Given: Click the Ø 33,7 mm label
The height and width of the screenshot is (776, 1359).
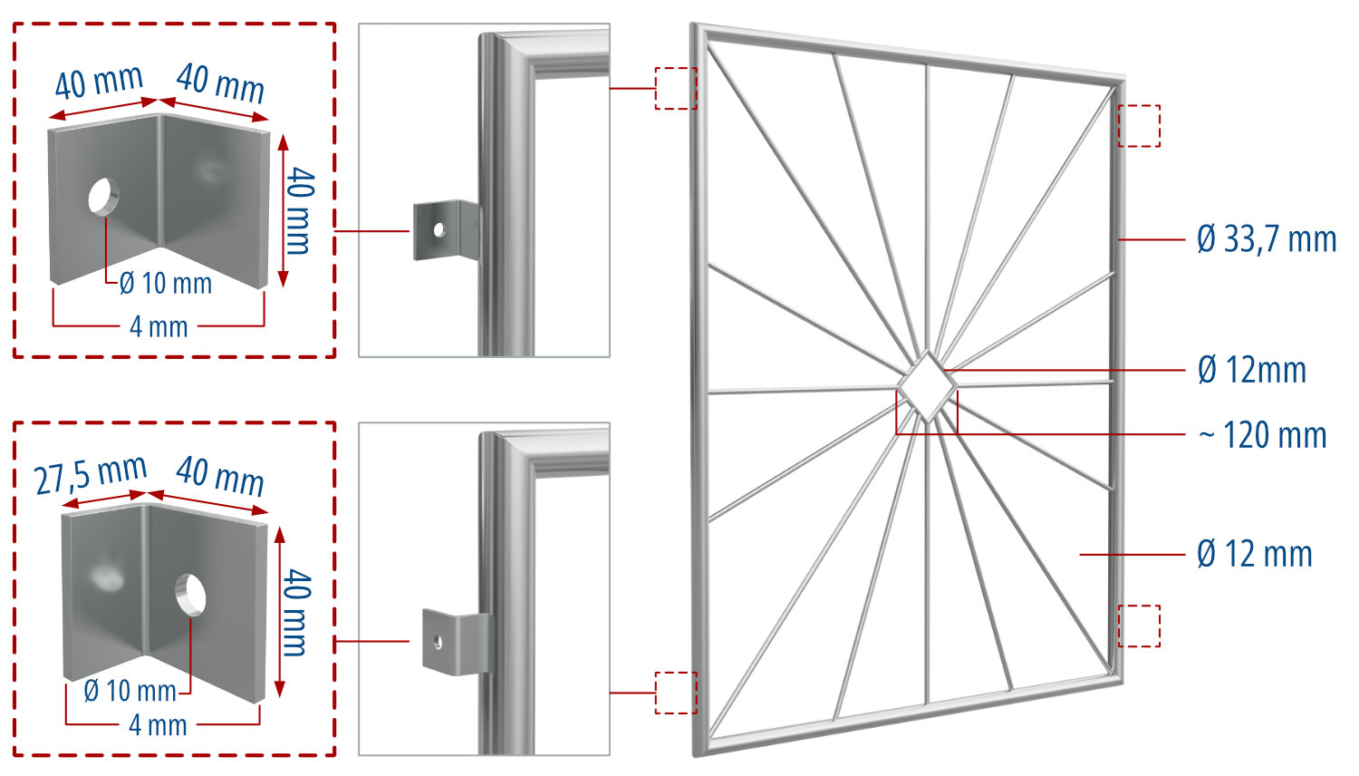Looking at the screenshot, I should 1266,239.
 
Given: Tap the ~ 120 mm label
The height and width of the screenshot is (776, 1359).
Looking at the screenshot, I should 1262,435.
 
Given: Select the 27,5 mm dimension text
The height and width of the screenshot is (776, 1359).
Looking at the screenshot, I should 91,474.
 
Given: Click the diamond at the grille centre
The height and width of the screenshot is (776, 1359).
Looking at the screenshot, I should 927,386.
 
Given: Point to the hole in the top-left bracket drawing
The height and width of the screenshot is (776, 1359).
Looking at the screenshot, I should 103,196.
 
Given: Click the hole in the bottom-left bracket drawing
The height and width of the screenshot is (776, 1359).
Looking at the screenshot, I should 190,595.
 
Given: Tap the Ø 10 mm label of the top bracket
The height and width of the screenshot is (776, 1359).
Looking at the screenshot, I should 166,284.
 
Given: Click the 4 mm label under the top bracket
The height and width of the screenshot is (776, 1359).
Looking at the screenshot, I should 159,326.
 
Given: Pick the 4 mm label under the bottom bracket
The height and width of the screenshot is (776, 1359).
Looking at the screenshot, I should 158,725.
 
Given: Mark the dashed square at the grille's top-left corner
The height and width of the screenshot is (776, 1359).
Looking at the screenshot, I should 676,88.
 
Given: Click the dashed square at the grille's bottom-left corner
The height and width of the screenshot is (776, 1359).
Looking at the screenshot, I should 676,693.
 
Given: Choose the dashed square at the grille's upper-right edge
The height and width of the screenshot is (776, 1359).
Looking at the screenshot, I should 1139,126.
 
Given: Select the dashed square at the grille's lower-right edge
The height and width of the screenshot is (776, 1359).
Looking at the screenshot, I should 1139,626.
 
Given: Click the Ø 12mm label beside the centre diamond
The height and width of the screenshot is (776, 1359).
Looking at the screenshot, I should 1252,370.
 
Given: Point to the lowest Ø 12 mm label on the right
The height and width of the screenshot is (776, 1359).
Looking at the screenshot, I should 1254,554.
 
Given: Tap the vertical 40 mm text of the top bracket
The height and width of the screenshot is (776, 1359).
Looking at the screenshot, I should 299,210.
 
